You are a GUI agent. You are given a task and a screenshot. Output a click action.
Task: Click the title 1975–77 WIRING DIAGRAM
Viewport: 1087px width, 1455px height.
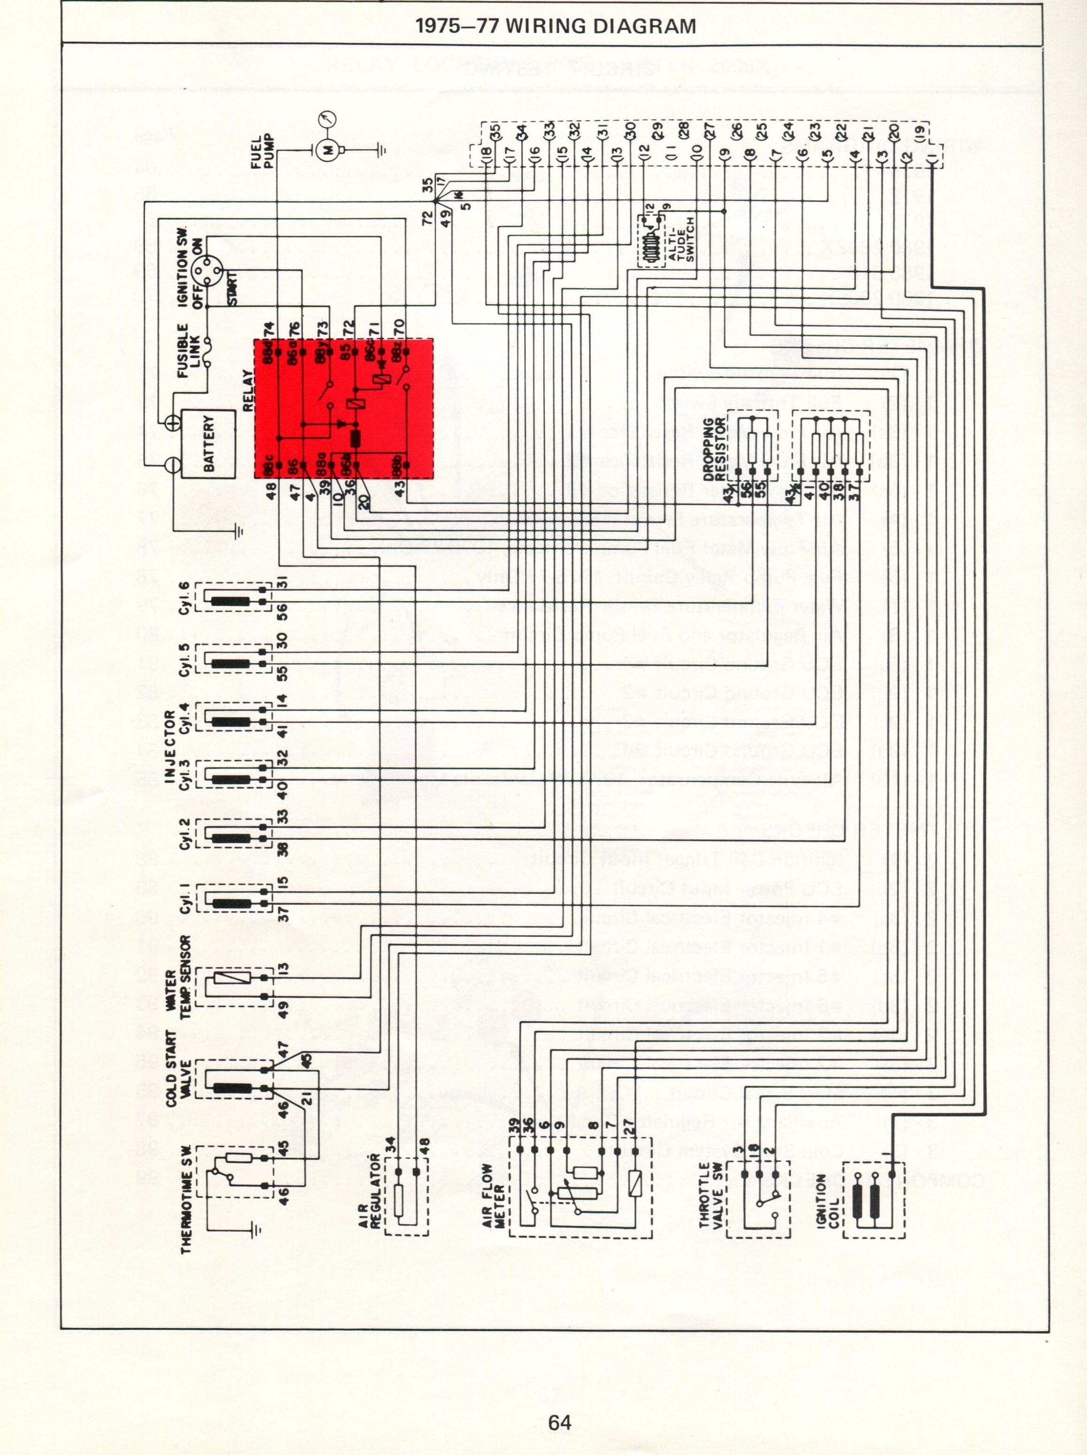pos(556,26)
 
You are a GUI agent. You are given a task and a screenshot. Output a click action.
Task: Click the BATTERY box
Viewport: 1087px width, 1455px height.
pos(208,444)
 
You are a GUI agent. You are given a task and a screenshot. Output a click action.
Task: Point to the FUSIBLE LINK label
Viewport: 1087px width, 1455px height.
pos(189,351)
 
